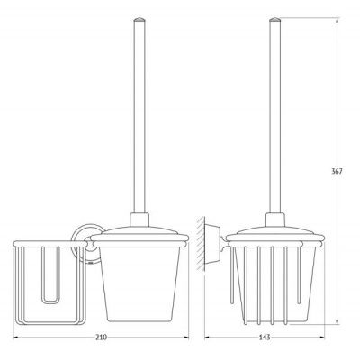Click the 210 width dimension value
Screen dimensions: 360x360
(101, 337)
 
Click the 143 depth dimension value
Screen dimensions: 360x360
(265, 337)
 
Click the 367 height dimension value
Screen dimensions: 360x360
(337, 172)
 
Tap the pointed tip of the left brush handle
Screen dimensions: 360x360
(139, 19)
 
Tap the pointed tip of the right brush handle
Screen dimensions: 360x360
(274, 19)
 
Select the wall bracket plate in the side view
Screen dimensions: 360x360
(212, 244)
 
